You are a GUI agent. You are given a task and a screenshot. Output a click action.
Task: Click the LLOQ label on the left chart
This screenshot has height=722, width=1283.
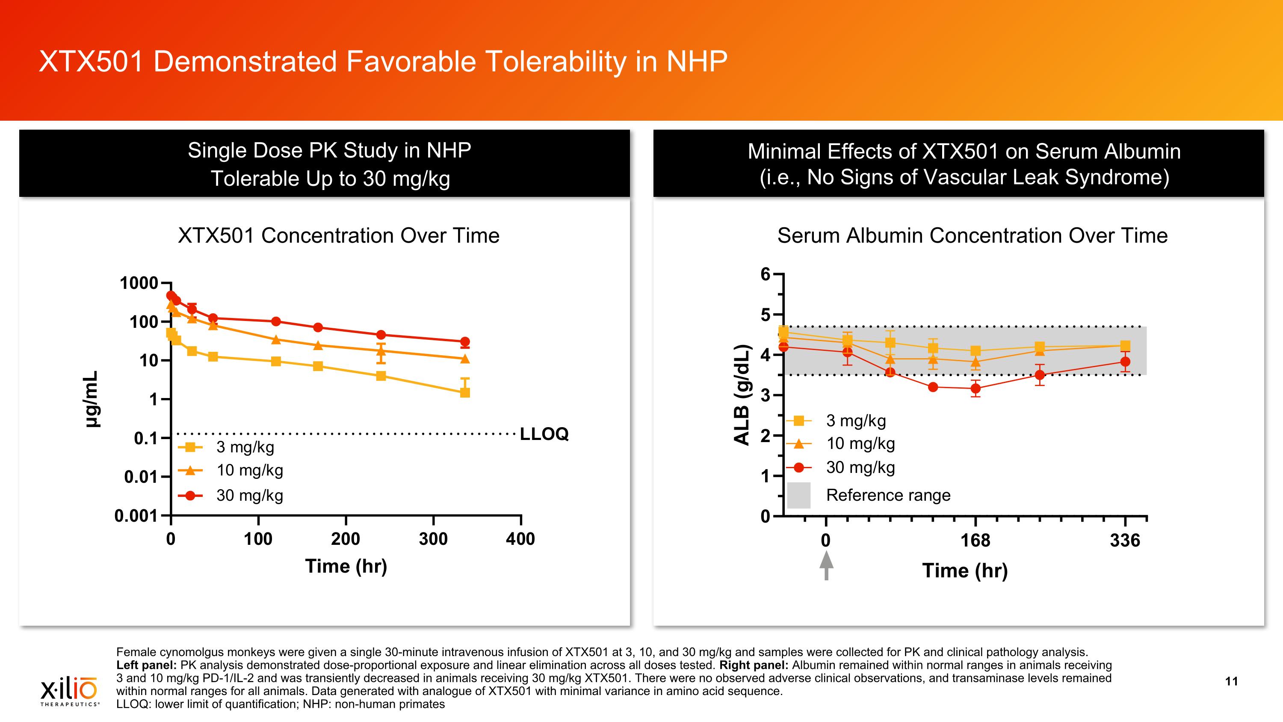(x=544, y=434)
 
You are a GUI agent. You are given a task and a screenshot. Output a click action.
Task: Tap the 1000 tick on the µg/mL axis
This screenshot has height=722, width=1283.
(x=139, y=283)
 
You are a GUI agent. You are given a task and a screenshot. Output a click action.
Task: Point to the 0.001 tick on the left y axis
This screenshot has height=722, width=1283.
(x=136, y=516)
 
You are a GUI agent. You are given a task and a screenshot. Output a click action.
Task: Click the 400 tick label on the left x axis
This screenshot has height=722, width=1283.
(x=520, y=539)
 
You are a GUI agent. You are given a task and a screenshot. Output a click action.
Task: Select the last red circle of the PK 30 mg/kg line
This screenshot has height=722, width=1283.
(x=465, y=342)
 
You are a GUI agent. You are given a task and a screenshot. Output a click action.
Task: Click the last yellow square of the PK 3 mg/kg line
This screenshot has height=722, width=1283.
(x=465, y=392)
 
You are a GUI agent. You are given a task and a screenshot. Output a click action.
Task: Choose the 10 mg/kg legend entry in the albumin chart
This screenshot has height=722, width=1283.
(x=860, y=443)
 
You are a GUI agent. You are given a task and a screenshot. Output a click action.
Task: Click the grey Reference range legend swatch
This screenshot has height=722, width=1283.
(x=798, y=495)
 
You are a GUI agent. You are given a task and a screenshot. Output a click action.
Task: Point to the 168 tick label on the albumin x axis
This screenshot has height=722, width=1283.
(x=975, y=541)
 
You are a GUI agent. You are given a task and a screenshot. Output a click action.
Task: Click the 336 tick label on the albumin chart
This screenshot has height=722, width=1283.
(x=1125, y=541)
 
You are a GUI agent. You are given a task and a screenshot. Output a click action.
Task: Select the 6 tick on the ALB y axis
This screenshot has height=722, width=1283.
(x=766, y=274)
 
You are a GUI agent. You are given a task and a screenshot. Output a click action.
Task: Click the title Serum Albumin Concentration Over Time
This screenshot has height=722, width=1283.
(x=972, y=236)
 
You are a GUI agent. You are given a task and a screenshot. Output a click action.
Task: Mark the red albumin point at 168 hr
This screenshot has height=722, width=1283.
(x=976, y=389)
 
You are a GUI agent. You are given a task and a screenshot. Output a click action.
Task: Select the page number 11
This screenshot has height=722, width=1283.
(x=1231, y=681)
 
